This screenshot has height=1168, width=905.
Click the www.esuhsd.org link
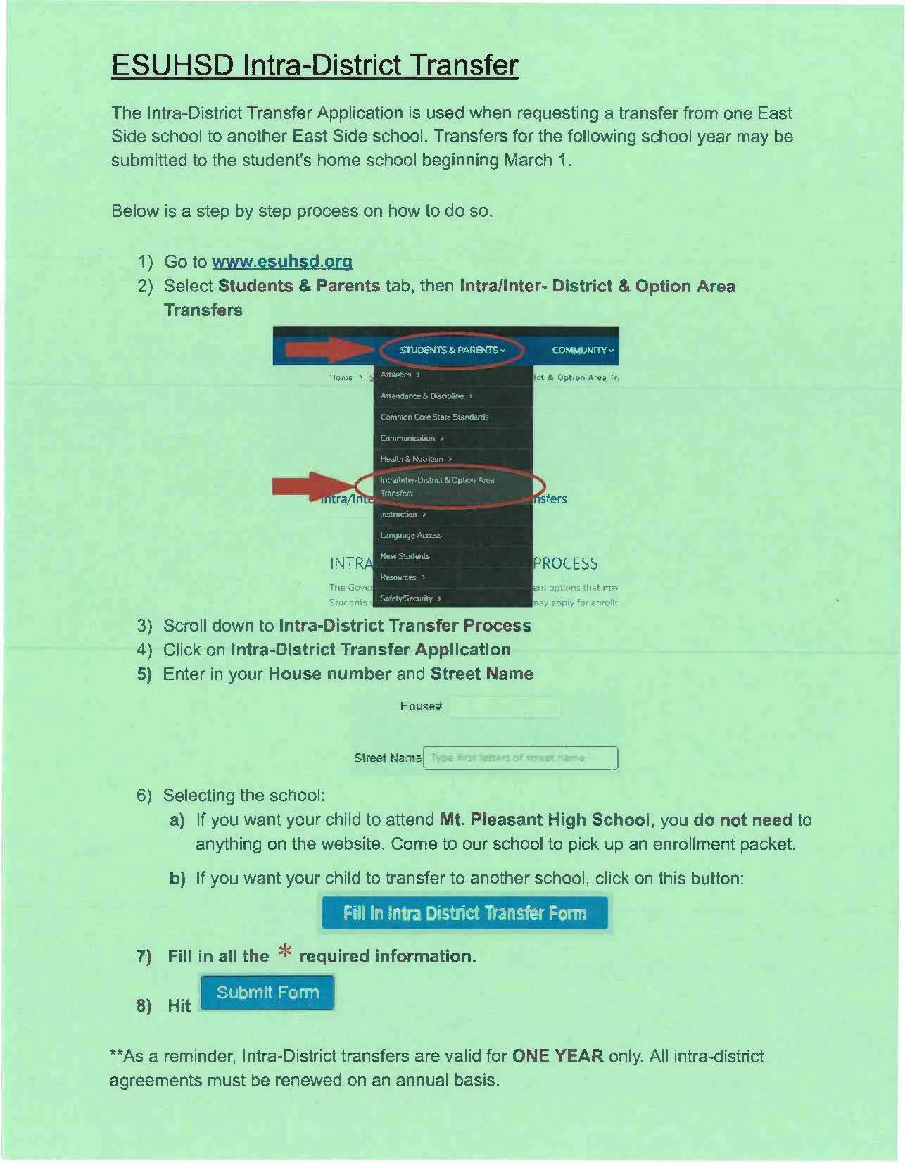281,262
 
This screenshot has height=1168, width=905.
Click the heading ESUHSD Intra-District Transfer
315,65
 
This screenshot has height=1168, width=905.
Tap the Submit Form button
267,993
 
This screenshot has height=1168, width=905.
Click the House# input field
505,707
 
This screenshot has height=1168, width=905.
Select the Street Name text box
521,758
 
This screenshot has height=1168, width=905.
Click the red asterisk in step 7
284,953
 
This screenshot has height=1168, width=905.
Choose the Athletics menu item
396,375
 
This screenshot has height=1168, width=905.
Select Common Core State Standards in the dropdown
434,417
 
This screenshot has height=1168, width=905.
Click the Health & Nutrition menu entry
412,459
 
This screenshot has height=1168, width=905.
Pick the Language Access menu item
410,535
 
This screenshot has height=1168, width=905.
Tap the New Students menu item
405,556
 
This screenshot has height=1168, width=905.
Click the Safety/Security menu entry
407,598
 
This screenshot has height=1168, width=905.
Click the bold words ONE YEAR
557,1056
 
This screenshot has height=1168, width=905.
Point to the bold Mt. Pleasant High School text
544,820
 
